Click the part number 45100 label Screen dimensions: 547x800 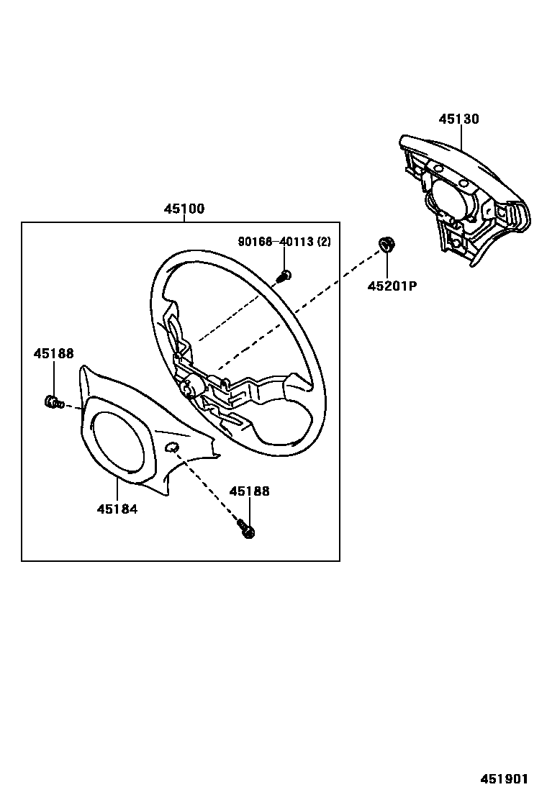(x=184, y=209)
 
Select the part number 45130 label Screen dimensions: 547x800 (x=458, y=119)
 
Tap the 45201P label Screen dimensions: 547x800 (x=392, y=286)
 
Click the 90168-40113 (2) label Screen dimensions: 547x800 (x=284, y=242)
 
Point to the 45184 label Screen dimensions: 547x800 (x=117, y=509)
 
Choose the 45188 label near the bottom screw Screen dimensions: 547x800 (x=249, y=491)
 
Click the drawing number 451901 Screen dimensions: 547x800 (x=505, y=779)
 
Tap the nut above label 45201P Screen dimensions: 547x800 (x=386, y=245)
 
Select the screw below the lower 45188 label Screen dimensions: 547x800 (x=248, y=531)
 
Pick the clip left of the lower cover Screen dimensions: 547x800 (x=52, y=401)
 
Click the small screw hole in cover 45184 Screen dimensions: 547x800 (x=172, y=449)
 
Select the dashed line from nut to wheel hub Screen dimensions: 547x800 (x=302, y=309)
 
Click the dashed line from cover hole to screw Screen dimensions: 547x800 (x=209, y=489)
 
